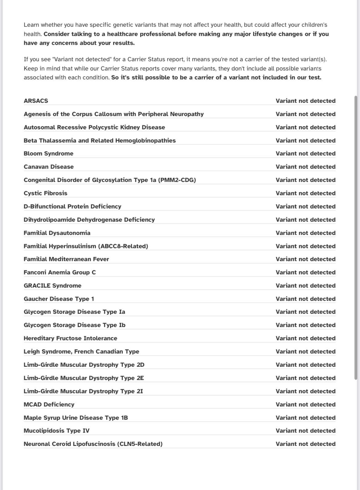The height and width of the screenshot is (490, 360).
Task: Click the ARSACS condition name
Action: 36,101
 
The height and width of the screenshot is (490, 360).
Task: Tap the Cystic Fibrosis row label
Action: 46,193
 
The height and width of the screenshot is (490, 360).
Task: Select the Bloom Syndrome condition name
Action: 49,153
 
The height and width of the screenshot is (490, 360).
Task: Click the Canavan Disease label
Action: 49,167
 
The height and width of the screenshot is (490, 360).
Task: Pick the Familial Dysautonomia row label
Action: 57,233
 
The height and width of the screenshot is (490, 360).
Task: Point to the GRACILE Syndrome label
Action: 53,285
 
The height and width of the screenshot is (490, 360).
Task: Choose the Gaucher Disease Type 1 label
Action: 59,299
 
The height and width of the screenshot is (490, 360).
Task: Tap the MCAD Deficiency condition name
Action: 49,404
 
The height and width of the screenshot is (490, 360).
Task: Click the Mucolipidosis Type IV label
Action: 57,431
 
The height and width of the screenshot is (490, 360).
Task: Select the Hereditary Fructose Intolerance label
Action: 70,338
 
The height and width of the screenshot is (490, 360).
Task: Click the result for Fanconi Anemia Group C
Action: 306,272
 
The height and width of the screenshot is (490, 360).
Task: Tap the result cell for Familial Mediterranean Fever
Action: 306,259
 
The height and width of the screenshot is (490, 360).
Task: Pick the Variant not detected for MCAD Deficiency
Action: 306,404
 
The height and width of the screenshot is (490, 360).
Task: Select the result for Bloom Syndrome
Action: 306,153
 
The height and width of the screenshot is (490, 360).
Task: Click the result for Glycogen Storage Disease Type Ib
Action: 306,325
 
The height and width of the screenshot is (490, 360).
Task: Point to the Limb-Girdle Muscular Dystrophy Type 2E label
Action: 84,378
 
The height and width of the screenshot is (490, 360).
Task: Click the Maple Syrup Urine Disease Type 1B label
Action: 76,418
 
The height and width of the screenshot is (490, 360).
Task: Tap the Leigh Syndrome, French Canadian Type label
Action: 81,351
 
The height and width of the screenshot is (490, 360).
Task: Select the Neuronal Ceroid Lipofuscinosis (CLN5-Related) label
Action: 93,444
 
